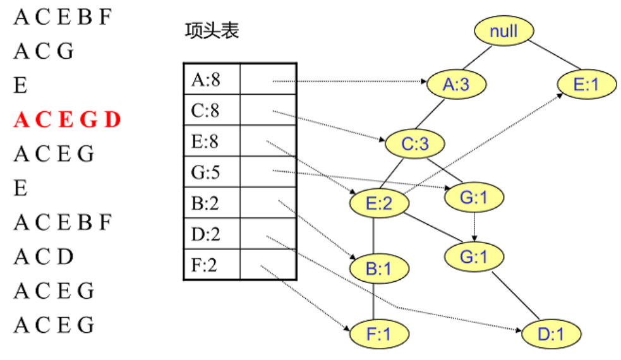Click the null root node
[x=503, y=31]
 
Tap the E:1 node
[x=586, y=85]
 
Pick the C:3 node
[x=414, y=144]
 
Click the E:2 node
[x=379, y=203]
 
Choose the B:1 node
[x=379, y=270]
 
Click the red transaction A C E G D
[x=67, y=120]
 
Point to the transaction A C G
[x=44, y=51]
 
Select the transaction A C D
[x=44, y=256]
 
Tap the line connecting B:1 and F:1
[x=374, y=301]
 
